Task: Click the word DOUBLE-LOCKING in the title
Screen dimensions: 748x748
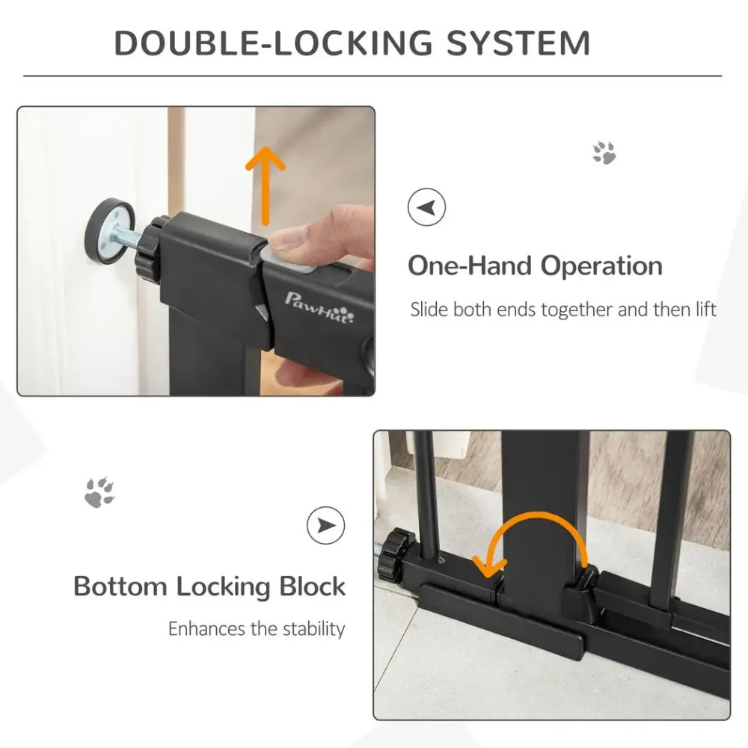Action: point(273,43)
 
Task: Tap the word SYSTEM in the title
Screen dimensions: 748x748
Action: point(518,43)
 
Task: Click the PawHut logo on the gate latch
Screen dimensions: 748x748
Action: point(319,306)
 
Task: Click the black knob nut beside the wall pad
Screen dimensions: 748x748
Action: point(151,248)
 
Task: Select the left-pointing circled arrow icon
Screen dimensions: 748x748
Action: point(426,207)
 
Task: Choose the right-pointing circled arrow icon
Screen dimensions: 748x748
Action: point(326,525)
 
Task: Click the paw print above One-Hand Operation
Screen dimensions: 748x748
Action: point(604,153)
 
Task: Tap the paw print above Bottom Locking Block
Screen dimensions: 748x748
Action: point(99,492)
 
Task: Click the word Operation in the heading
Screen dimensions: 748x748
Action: point(601,266)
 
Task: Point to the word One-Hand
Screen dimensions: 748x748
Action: point(470,266)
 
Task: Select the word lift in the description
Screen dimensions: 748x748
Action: point(706,309)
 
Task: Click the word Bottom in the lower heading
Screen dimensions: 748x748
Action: point(120,586)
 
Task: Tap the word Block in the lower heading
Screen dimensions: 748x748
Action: point(312,586)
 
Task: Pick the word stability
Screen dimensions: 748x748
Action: point(314,629)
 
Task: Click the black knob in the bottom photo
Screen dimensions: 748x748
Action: point(394,554)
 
